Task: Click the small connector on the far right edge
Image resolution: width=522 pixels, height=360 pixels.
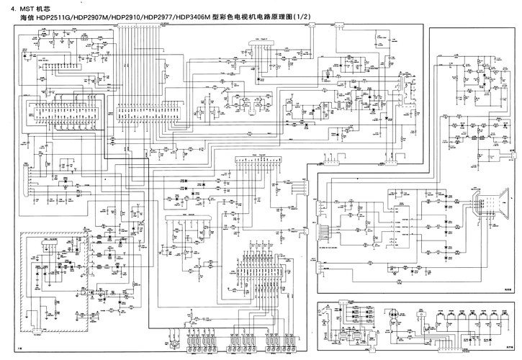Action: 513,154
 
